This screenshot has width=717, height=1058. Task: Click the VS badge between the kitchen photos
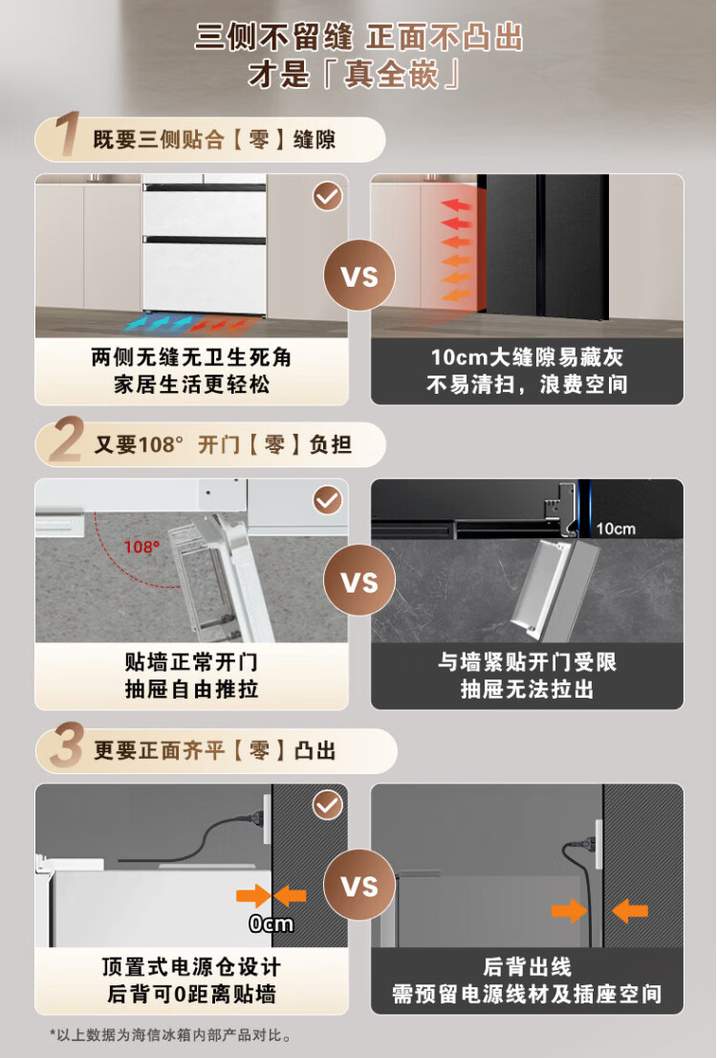tap(358, 275)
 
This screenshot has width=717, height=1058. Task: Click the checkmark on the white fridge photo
tap(328, 196)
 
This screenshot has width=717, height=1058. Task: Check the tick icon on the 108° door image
tap(328, 501)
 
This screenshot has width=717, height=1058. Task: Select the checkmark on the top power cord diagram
tap(328, 806)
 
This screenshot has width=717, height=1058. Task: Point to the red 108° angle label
tap(141, 547)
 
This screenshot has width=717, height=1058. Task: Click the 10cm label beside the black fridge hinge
tap(615, 529)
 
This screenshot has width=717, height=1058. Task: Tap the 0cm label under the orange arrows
tap(271, 923)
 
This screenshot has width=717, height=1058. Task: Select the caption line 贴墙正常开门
tap(191, 662)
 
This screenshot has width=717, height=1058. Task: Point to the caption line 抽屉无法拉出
tap(527, 690)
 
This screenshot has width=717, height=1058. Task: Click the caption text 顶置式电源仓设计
tap(191, 967)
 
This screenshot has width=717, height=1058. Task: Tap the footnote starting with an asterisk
tap(171, 1035)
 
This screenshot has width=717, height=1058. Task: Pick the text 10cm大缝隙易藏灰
tap(527, 356)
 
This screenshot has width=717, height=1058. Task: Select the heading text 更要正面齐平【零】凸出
tap(215, 750)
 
